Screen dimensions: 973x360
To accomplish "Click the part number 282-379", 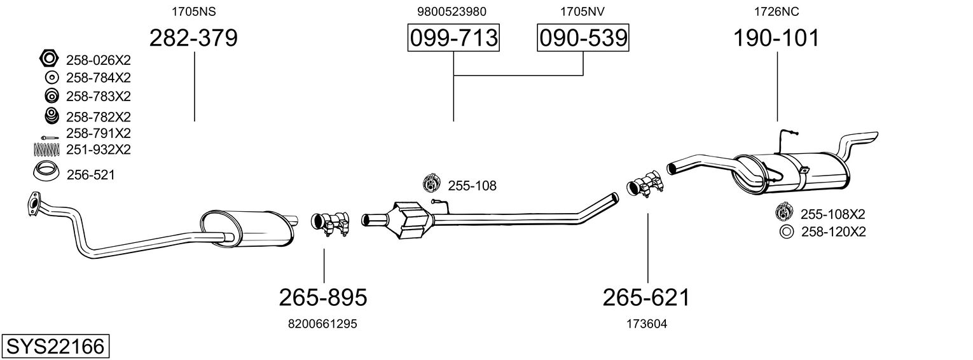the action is [193, 38].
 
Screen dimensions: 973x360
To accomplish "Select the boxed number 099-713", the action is [453, 38].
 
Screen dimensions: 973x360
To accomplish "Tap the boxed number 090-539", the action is [583, 38].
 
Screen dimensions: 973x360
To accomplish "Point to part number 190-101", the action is [776, 38].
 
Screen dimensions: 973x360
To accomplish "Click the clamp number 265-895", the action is [323, 296].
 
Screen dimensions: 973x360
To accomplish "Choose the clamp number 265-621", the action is [647, 296].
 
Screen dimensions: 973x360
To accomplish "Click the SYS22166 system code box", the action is [55, 347].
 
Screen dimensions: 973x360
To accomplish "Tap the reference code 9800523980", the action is [453, 11].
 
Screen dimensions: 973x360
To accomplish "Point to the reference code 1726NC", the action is [776, 11].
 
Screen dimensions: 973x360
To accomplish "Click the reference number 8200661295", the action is [323, 324].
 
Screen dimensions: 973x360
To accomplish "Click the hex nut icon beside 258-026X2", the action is [49, 59].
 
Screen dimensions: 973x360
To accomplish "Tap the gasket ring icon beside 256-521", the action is [46, 172].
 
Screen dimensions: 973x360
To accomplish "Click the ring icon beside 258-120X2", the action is [786, 232].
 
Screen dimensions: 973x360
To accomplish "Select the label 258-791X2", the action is [98, 134].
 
